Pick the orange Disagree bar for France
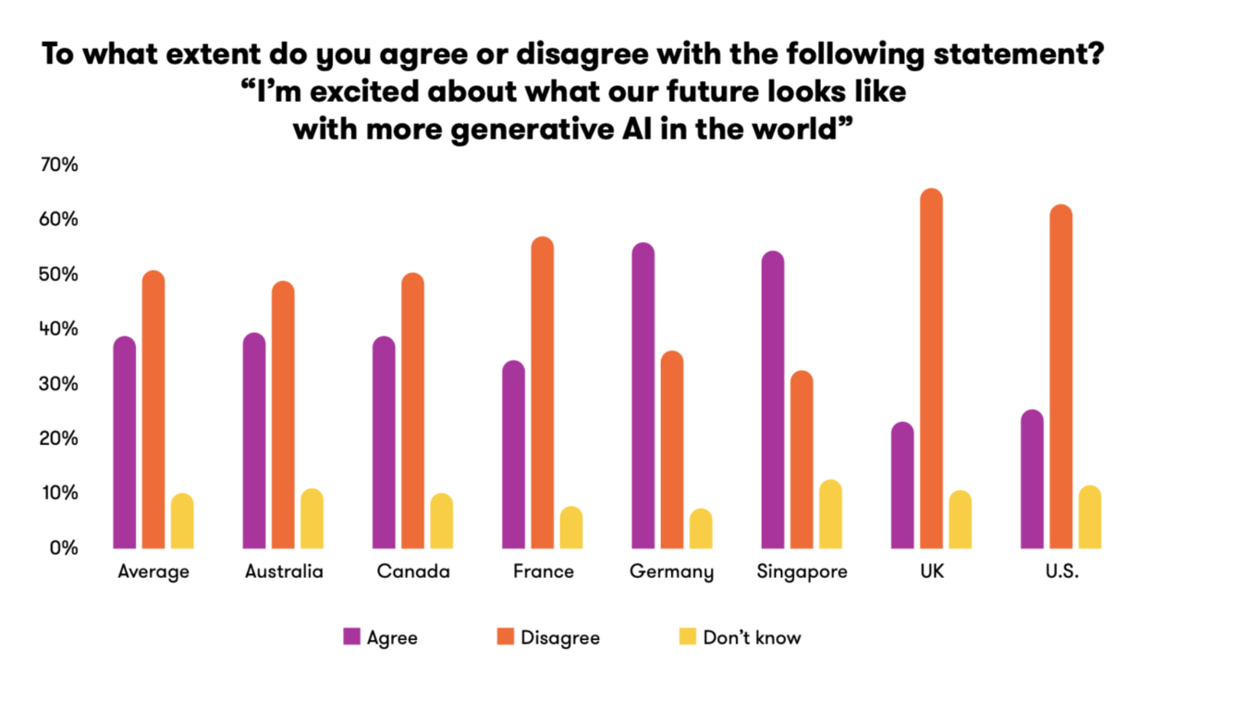pyautogui.click(x=543, y=392)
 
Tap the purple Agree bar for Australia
pyautogui.click(x=254, y=440)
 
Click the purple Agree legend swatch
pyautogui.click(x=351, y=636)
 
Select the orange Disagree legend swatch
pyautogui.click(x=505, y=636)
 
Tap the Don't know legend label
pyautogui.click(x=752, y=637)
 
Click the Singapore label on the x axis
pyautogui.click(x=802, y=571)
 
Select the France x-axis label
pyautogui.click(x=543, y=571)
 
